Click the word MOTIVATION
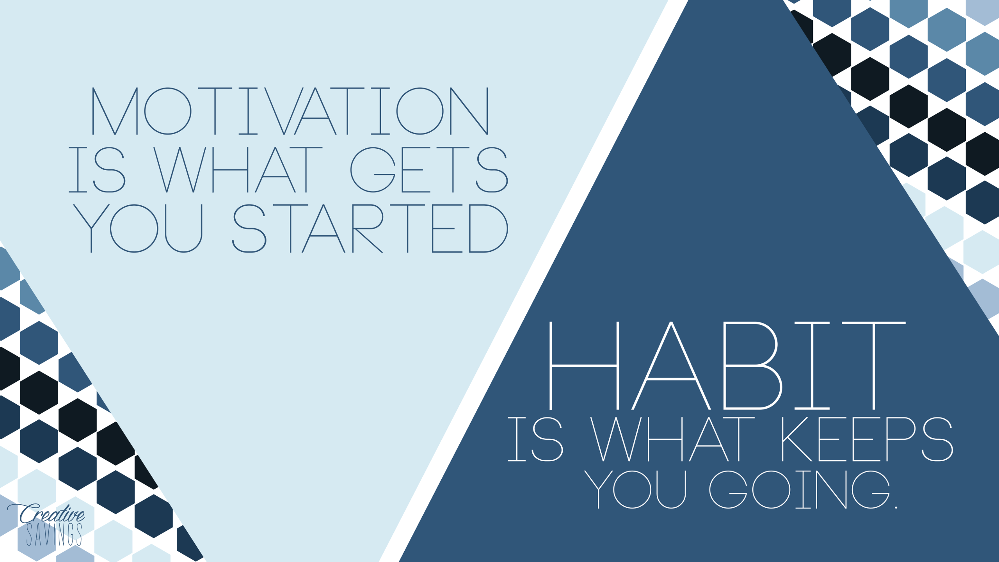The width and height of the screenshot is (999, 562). [290, 111]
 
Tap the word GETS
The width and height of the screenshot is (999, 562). [429, 170]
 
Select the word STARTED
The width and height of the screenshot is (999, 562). [370, 229]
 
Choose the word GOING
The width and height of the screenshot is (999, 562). [800, 490]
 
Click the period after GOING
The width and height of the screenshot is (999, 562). [896, 507]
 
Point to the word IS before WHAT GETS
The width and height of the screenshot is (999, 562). [97, 170]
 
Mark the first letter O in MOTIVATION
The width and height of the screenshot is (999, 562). [168, 111]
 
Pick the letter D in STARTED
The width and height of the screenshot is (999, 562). [488, 229]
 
